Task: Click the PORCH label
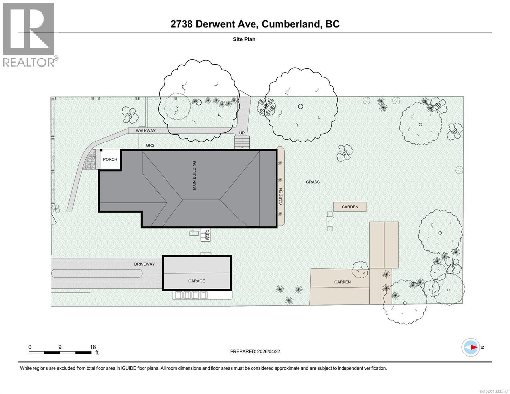click(x=110, y=159)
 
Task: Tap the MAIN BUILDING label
click(x=194, y=175)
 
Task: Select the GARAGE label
click(x=196, y=281)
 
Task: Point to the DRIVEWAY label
click(x=144, y=264)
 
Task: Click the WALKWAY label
click(x=146, y=131)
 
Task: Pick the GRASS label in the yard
click(x=313, y=182)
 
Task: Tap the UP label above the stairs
click(x=242, y=133)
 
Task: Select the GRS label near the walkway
click(x=150, y=145)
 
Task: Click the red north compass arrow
click(x=473, y=347)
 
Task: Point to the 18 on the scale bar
click(x=92, y=347)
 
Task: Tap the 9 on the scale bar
click(x=60, y=347)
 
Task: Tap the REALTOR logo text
click(x=29, y=62)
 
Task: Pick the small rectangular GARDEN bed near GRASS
click(x=350, y=207)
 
